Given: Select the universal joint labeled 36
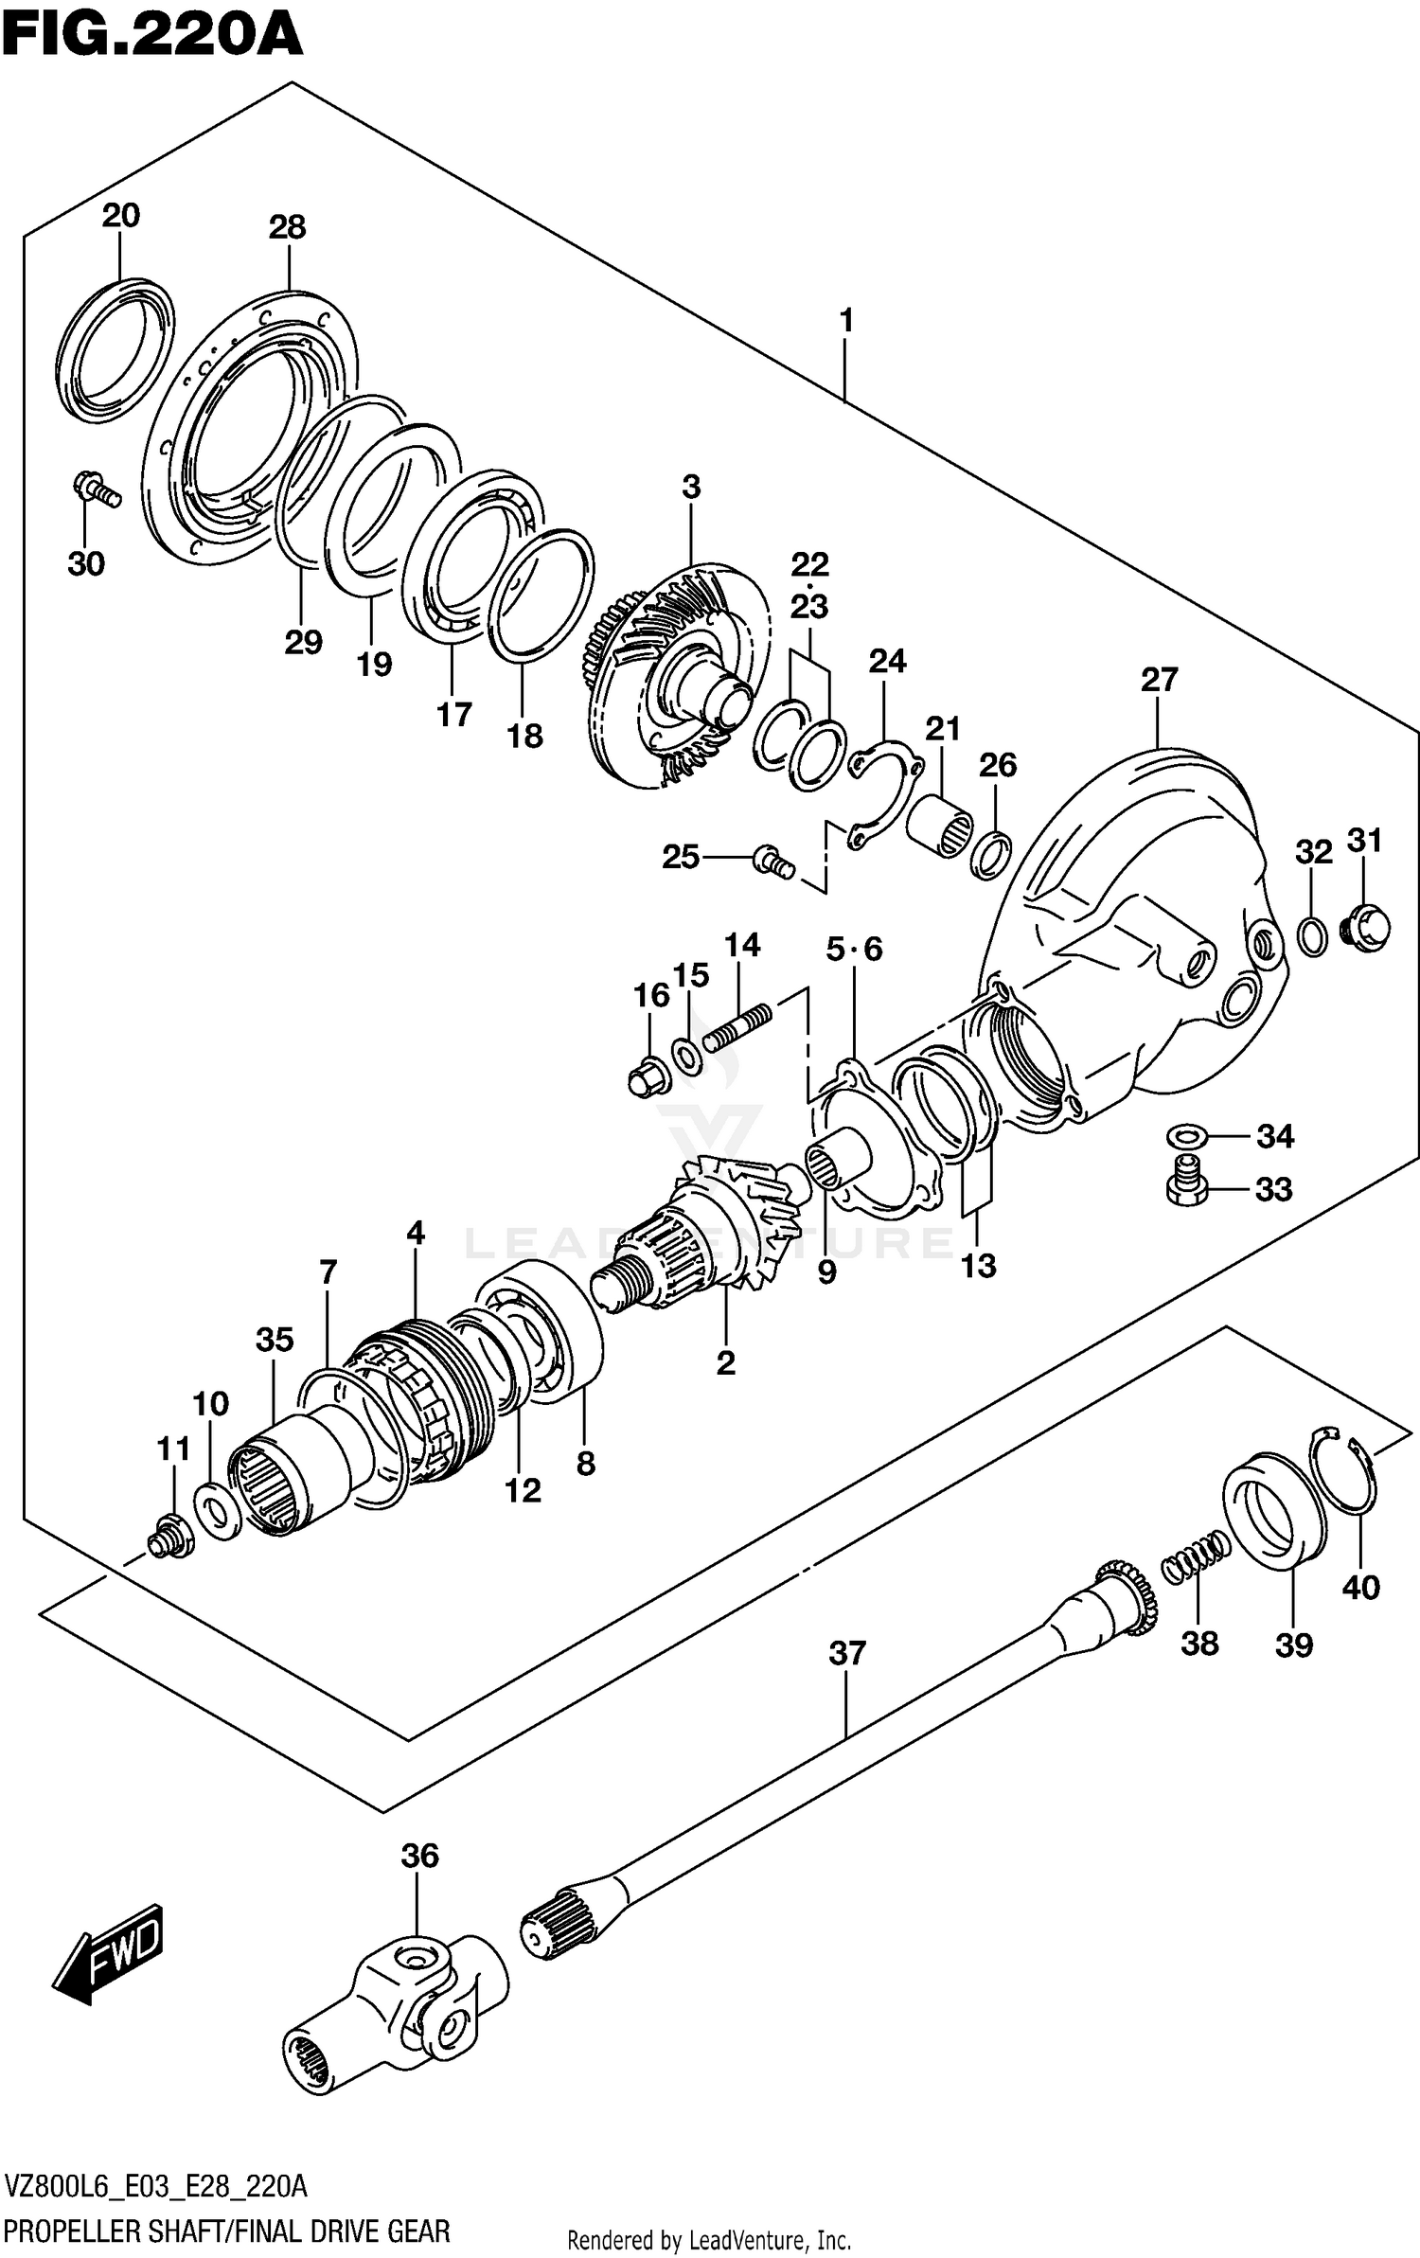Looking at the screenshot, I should (x=398, y=2015).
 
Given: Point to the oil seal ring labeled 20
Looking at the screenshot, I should (x=115, y=346).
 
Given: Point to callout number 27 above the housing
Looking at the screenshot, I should (x=1159, y=681).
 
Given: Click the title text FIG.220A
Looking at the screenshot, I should (x=151, y=36).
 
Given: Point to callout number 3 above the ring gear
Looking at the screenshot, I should (x=691, y=488).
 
